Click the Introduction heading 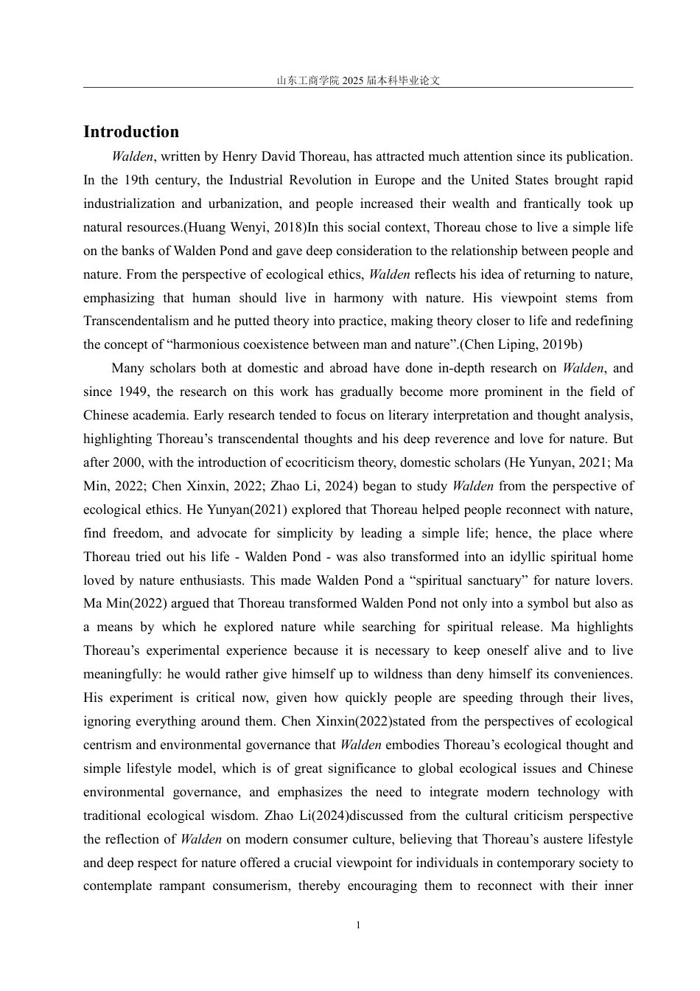click(x=131, y=132)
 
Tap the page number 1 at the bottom click(x=358, y=925)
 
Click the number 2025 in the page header click(x=353, y=81)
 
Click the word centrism click(x=108, y=745)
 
